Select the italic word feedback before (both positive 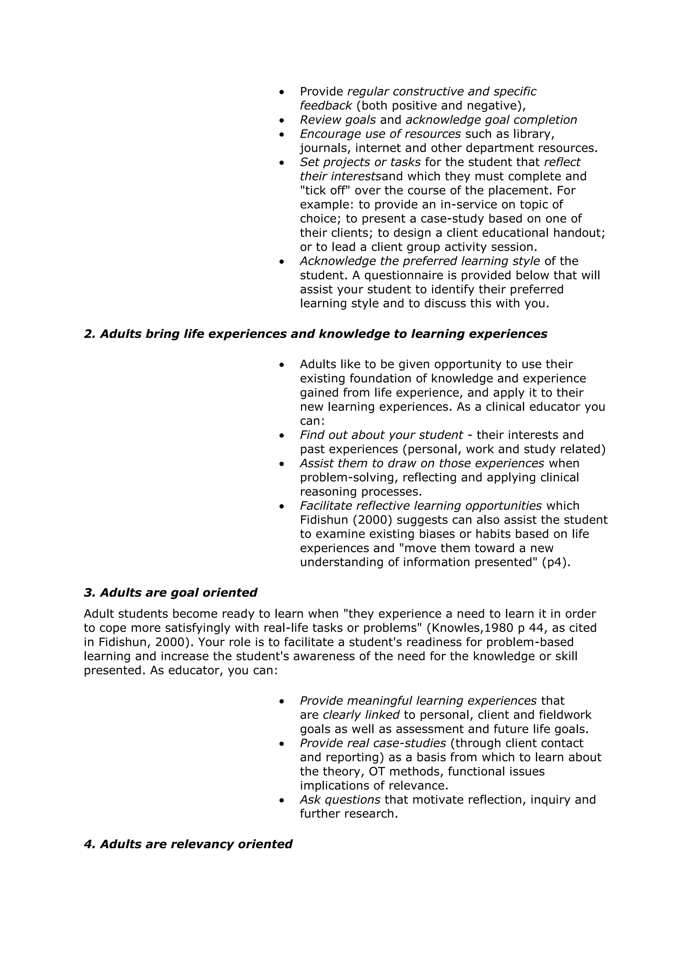(325, 105)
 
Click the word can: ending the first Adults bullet (312, 421)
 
